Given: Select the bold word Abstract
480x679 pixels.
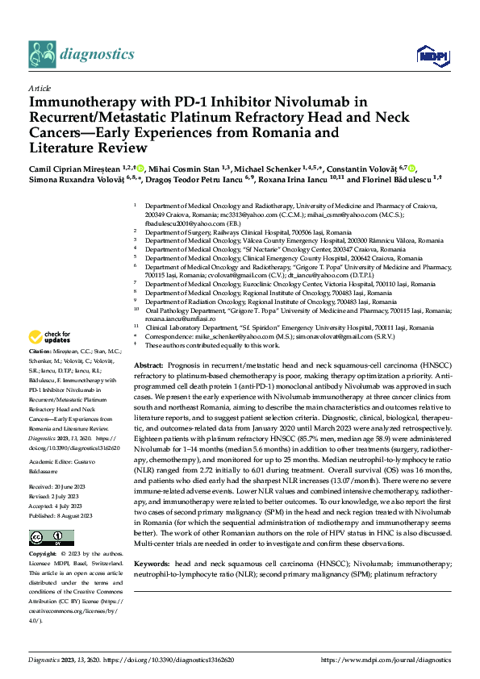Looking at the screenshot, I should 148,366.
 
